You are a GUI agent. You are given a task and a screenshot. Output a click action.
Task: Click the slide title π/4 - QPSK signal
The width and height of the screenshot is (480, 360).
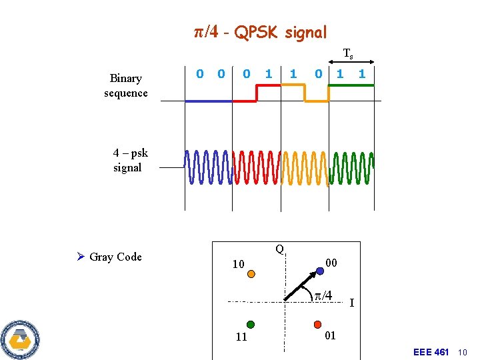(260, 32)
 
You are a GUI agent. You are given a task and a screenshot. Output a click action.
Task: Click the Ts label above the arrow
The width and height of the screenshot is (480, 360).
(348, 53)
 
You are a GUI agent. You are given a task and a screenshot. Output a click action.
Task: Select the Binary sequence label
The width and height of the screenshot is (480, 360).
(125, 85)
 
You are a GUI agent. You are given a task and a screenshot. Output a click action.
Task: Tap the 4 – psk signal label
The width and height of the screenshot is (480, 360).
(130, 160)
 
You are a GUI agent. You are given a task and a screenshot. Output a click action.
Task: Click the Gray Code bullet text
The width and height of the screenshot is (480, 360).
(115, 257)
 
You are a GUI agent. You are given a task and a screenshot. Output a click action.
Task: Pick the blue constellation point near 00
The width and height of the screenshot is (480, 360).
(320, 269)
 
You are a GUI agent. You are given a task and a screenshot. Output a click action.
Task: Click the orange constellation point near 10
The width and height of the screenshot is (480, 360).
(251, 273)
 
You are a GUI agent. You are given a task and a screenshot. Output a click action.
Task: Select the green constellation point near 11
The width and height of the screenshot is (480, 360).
(250, 325)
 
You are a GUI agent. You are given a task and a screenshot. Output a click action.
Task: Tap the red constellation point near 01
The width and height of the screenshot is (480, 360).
(317, 325)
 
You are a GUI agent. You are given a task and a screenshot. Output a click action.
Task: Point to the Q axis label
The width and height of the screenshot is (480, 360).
(280, 249)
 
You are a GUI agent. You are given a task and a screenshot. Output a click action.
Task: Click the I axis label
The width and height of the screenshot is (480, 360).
(352, 303)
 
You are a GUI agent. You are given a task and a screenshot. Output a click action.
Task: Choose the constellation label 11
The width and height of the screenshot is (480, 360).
(241, 337)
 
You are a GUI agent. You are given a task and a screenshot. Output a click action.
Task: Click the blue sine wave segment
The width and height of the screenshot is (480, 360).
(208, 167)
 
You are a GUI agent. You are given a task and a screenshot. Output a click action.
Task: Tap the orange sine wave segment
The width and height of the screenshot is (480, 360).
(305, 167)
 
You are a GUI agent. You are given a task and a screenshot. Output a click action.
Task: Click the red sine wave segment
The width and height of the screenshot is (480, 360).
(257, 167)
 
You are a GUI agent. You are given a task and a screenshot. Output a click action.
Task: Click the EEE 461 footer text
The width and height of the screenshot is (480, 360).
(431, 352)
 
